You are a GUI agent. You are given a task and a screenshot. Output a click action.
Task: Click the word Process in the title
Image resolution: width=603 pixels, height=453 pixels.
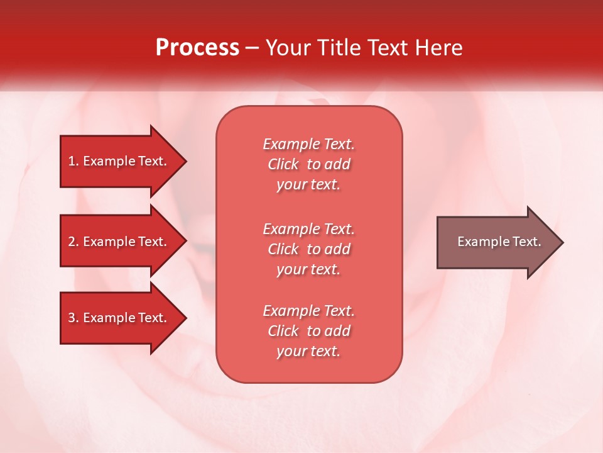(x=197, y=48)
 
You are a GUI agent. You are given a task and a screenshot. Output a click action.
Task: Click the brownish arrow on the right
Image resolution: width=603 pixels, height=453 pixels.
(x=496, y=242)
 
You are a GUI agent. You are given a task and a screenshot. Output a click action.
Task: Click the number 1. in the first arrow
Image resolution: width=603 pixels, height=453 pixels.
(x=73, y=161)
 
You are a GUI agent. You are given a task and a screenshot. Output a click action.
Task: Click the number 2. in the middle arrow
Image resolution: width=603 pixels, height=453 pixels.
(x=73, y=242)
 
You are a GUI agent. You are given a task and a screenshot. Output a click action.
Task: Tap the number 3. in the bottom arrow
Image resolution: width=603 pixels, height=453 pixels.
(x=73, y=318)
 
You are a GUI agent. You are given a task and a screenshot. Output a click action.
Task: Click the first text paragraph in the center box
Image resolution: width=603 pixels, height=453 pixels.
(x=308, y=164)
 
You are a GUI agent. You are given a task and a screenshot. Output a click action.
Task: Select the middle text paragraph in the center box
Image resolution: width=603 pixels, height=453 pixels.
(x=308, y=249)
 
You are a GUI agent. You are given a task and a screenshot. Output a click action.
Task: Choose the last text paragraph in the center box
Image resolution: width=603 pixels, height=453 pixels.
(x=308, y=331)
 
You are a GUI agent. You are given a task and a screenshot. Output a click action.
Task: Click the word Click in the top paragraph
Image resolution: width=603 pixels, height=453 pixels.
(x=283, y=164)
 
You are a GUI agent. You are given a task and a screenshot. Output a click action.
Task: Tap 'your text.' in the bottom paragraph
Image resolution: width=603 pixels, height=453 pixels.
(x=308, y=351)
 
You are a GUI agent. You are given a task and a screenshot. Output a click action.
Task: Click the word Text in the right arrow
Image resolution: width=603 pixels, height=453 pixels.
(x=527, y=242)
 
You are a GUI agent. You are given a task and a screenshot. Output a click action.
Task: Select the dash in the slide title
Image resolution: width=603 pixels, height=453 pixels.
(x=252, y=48)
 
